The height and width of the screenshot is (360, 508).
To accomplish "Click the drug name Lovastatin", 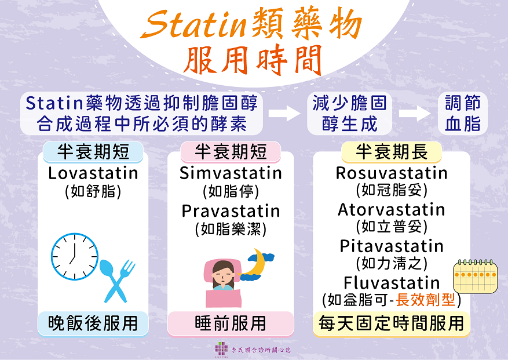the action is click(93, 173).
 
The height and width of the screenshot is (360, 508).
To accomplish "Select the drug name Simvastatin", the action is click(231, 173).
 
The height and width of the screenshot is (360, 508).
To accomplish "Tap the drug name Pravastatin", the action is click(231, 211).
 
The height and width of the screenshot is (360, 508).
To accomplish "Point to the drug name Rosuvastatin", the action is click(392, 173).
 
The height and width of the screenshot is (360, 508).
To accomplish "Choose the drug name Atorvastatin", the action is click(392, 209).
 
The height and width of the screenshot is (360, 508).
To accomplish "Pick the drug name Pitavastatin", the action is click(392, 246).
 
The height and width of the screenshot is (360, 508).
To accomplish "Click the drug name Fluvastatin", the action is click(392, 283).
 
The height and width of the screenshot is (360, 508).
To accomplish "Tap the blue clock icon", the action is click(75, 256).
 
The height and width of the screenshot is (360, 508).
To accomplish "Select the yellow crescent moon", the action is click(256, 262).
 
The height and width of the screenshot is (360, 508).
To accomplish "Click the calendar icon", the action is click(475, 277).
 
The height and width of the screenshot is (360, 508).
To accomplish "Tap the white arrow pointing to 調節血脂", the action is click(415, 114).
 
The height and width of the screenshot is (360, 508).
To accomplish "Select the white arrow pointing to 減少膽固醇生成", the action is click(284, 114).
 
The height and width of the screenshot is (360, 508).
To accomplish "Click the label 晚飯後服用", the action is click(93, 323).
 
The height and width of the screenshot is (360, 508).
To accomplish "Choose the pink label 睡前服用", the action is click(231, 323).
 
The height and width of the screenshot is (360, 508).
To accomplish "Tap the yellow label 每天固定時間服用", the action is click(392, 323).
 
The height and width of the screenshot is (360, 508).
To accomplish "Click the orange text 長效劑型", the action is click(425, 300).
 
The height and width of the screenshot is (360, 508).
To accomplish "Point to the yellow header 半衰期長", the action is click(392, 152).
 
